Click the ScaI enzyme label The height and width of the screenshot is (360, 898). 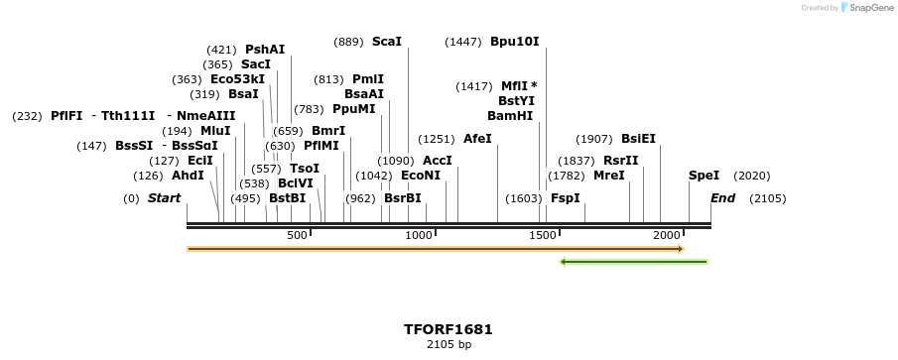click(387, 42)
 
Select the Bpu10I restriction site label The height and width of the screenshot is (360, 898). click(514, 42)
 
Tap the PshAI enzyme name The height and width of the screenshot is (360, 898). click(265, 50)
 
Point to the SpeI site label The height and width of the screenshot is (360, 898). click(704, 176)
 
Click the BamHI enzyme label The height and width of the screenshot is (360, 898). click(510, 116)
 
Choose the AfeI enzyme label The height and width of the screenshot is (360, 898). click(477, 139)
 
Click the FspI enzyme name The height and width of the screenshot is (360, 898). click(565, 198)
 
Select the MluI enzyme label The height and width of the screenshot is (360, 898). click(215, 131)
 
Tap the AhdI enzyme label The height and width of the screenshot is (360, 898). click(188, 176)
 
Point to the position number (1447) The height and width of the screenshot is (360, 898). click(463, 42)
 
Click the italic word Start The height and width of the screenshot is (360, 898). click(164, 198)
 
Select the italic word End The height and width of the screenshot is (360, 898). click(722, 198)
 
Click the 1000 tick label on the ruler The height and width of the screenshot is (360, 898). click(419, 235)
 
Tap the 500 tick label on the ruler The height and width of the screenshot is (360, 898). click(297, 235)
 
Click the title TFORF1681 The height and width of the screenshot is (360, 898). click(449, 329)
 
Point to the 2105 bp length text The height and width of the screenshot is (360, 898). click(449, 345)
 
